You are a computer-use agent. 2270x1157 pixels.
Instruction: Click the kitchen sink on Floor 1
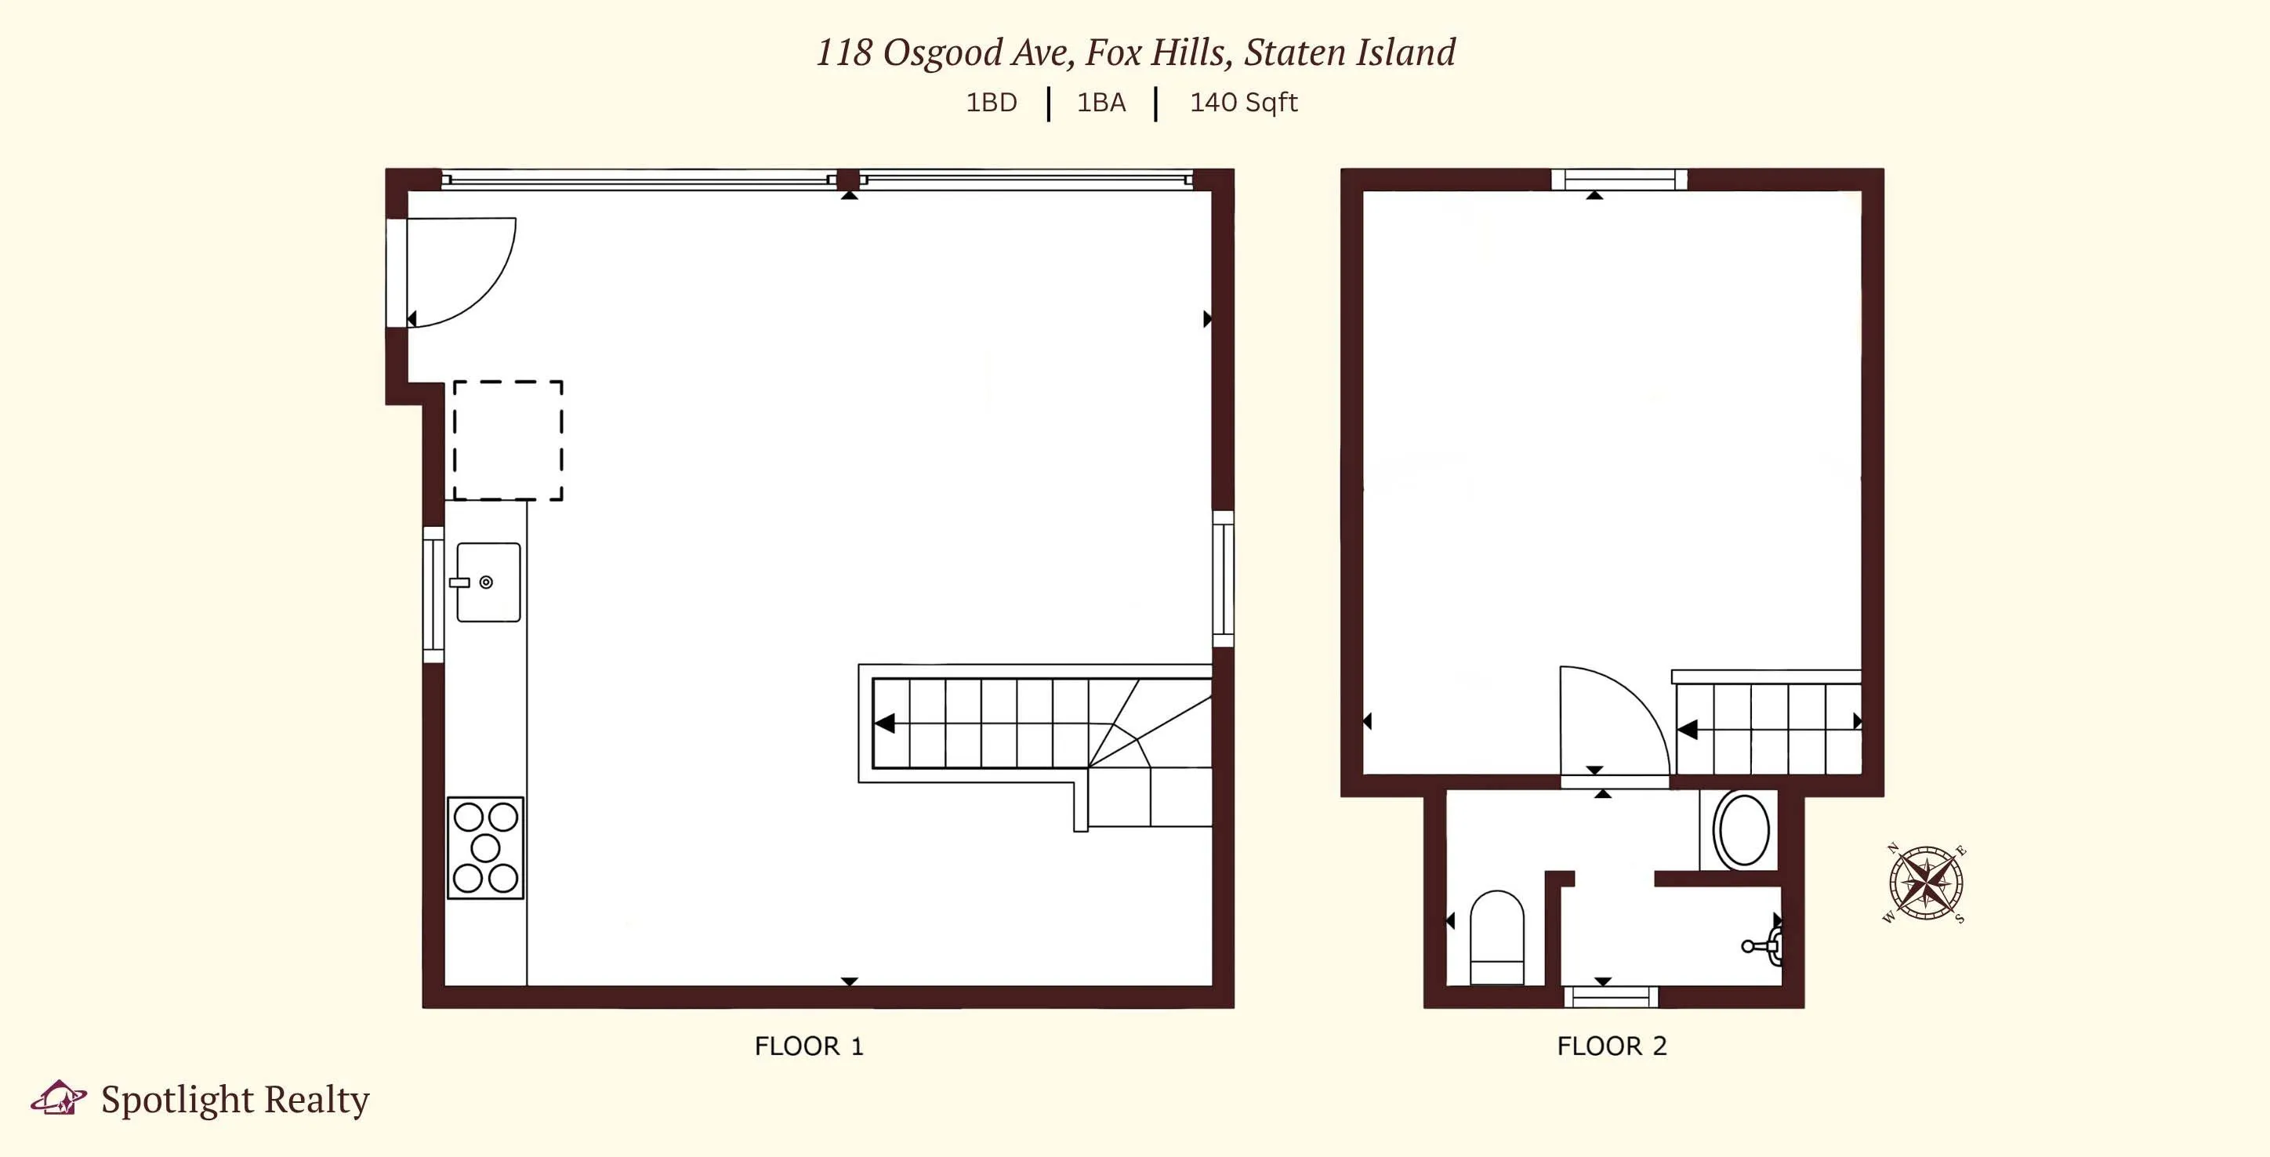488,582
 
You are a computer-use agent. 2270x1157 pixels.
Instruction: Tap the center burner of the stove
485,847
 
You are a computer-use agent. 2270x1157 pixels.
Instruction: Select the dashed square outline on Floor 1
508,441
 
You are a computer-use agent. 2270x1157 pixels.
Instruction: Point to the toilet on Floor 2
1497,936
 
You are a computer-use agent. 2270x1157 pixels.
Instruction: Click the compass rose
1925,883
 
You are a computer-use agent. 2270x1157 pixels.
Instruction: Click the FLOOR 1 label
809,1046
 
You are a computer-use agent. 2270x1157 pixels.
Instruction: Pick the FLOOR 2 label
1612,1046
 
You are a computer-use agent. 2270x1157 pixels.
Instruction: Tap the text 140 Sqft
1243,103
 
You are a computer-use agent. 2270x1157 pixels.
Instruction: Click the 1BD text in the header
992,103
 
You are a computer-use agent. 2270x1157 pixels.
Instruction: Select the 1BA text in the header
1101,103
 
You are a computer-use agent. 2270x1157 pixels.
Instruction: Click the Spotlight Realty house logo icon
58,1098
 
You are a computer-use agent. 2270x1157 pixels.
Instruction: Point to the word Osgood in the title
943,53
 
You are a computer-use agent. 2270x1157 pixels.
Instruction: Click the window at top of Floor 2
1619,180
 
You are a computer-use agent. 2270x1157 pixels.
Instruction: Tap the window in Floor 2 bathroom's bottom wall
1611,996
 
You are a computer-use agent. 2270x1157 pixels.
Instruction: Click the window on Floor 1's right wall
1223,579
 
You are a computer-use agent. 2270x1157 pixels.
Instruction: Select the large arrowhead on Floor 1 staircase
885,724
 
